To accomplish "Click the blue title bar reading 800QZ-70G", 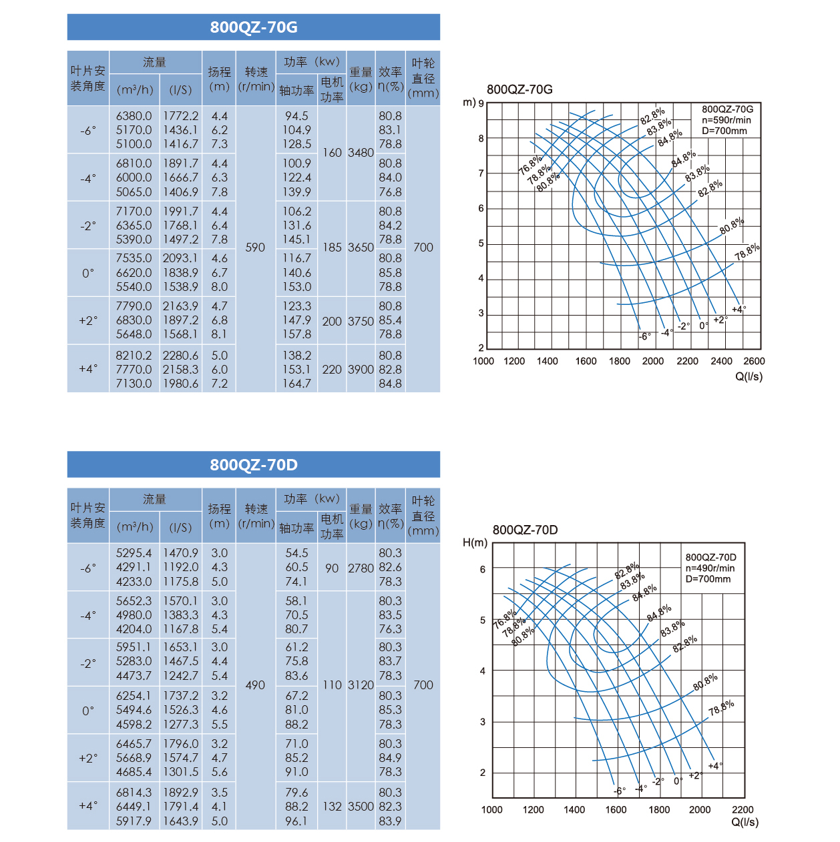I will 254,27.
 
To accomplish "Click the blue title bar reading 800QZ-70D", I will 254,464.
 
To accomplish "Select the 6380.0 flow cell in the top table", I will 134,115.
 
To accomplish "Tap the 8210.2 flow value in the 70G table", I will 134,356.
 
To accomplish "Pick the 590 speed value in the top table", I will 255,248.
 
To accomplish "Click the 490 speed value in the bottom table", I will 255,685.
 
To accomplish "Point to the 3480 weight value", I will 361,153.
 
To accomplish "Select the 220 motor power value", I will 332,370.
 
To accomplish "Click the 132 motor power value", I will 332,807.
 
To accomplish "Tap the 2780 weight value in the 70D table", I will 361,568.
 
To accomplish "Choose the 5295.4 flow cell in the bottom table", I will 134,553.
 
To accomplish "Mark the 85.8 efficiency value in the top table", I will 390,273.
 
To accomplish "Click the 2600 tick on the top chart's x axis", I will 754,361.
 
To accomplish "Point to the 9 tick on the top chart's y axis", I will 481,104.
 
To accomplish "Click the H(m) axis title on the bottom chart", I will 475,543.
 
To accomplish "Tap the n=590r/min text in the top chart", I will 726,120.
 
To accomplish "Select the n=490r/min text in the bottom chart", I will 710,568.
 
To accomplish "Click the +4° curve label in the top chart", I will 739,310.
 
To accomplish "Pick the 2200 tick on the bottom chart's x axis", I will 743,809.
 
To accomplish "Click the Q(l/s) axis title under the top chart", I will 749,376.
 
